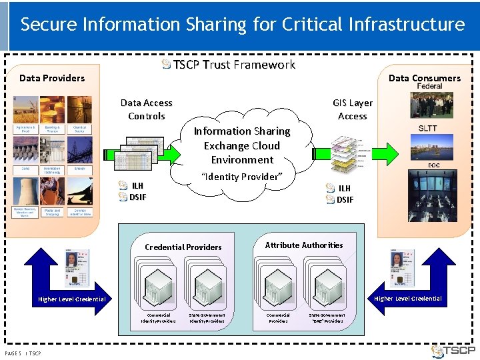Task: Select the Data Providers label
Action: pyautogui.click(x=52, y=78)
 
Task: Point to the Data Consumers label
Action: pyautogui.click(x=424, y=78)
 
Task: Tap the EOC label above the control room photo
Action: pyautogui.click(x=434, y=165)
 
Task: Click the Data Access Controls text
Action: pyautogui.click(x=146, y=109)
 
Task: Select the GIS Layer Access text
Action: pyautogui.click(x=353, y=109)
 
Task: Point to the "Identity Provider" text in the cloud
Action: pyautogui.click(x=241, y=177)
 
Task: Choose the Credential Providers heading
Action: pyautogui.click(x=183, y=247)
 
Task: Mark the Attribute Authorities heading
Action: pyautogui.click(x=304, y=245)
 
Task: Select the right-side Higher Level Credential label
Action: pyautogui.click(x=408, y=299)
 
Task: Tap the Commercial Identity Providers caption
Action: pyautogui.click(x=158, y=318)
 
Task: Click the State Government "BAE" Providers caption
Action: pyautogui.click(x=327, y=318)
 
